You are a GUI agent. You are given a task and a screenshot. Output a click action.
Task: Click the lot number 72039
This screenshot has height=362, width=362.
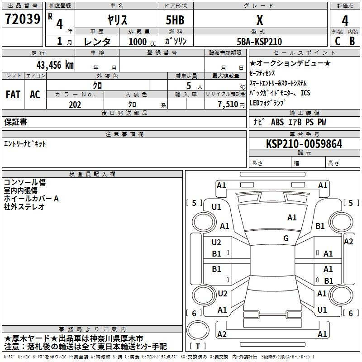tap(22, 19)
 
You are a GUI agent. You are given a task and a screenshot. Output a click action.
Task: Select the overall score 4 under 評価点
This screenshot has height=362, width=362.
tap(345, 21)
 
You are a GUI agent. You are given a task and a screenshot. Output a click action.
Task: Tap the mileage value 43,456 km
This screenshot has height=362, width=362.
tap(55, 65)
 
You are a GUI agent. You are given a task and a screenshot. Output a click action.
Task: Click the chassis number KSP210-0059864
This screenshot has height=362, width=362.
tap(304, 144)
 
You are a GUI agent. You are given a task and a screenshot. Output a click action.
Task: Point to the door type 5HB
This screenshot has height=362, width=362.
tap(175, 20)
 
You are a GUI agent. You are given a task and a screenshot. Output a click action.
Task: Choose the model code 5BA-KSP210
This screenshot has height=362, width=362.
tap(259, 42)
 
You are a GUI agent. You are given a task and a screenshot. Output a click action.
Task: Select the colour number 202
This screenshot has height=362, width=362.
tap(75, 105)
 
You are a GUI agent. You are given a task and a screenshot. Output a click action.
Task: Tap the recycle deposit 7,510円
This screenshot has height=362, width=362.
tap(231, 105)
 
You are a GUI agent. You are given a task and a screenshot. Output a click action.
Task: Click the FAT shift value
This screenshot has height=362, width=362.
tap(13, 95)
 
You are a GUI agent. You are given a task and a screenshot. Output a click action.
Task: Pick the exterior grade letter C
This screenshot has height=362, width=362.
tap(338, 41)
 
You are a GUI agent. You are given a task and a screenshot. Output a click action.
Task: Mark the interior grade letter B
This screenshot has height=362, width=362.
tap(352, 41)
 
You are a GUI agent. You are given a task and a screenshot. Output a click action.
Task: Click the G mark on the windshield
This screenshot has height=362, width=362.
tap(286, 238)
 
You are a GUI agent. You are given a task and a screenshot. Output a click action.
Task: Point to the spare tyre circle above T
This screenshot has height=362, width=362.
tap(198, 330)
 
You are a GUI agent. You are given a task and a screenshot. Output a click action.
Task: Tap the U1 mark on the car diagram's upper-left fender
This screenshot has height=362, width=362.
tap(216, 207)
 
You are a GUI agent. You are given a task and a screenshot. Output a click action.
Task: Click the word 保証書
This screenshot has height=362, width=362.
tap(15, 122)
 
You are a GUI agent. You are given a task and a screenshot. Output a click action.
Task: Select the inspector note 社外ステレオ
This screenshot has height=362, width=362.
tap(24, 207)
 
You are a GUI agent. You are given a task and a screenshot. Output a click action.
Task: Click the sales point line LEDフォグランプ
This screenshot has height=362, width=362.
tap(267, 103)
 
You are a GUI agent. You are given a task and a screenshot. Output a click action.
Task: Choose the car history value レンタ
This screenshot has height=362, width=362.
tap(97, 42)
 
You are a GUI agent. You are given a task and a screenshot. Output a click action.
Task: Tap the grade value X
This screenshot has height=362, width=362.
tap(260, 20)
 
